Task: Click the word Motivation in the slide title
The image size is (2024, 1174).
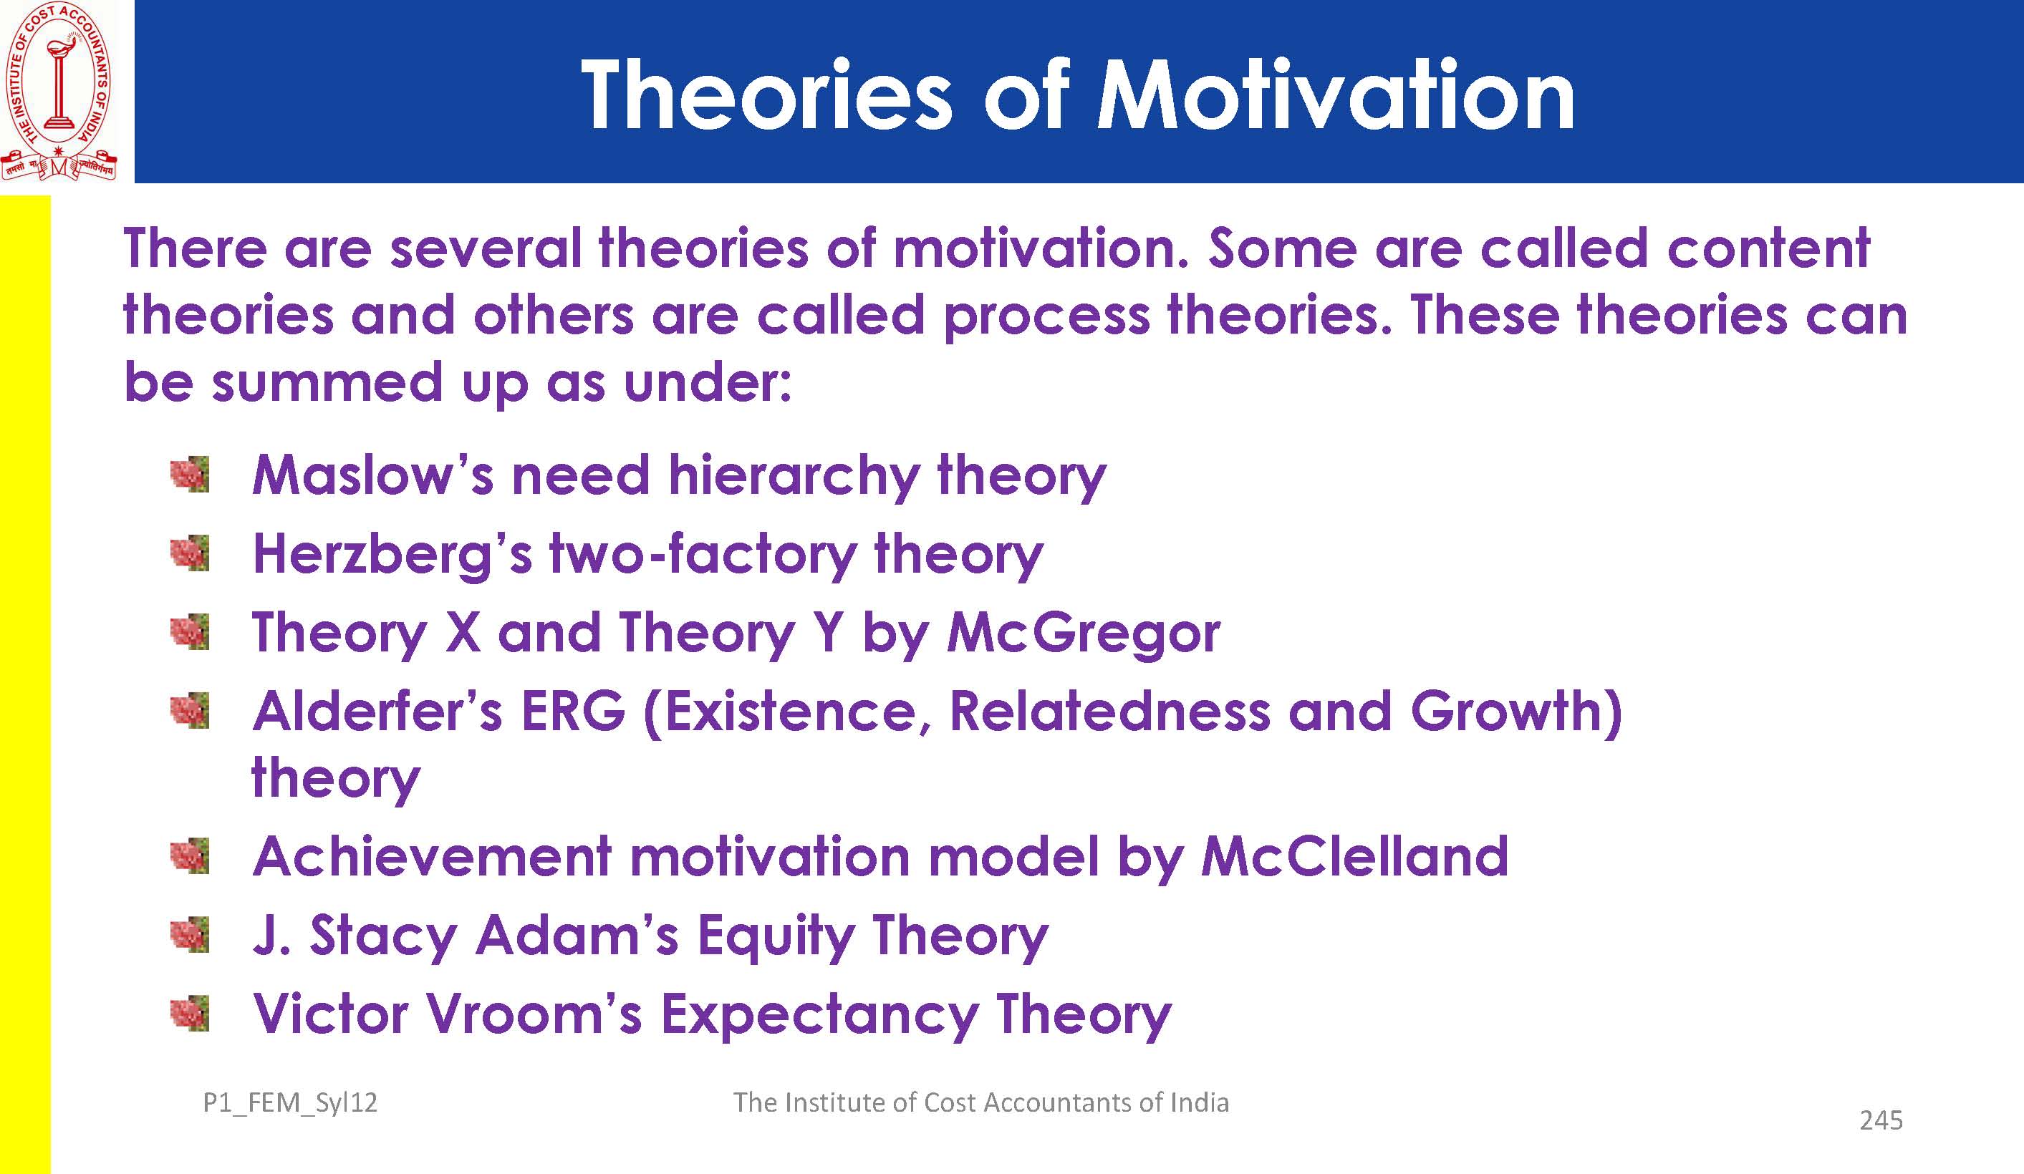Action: point(1335,95)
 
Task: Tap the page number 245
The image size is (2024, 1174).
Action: point(1881,1120)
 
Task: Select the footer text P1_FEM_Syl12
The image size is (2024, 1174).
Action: point(290,1103)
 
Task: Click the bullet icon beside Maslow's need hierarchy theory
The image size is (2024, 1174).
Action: point(191,475)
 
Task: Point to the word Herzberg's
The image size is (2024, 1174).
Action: point(392,555)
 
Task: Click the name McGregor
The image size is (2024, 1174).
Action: point(1084,633)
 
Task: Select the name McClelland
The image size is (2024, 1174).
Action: point(1354,856)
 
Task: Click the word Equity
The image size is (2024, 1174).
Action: point(774,937)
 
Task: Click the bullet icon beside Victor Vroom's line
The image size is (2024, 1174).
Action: point(191,1014)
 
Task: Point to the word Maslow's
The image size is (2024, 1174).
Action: point(372,475)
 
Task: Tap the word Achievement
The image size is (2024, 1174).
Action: point(432,856)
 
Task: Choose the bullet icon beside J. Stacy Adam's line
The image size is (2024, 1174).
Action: point(191,935)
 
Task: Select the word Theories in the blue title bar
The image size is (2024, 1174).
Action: point(766,95)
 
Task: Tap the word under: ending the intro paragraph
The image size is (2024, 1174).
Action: point(708,382)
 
